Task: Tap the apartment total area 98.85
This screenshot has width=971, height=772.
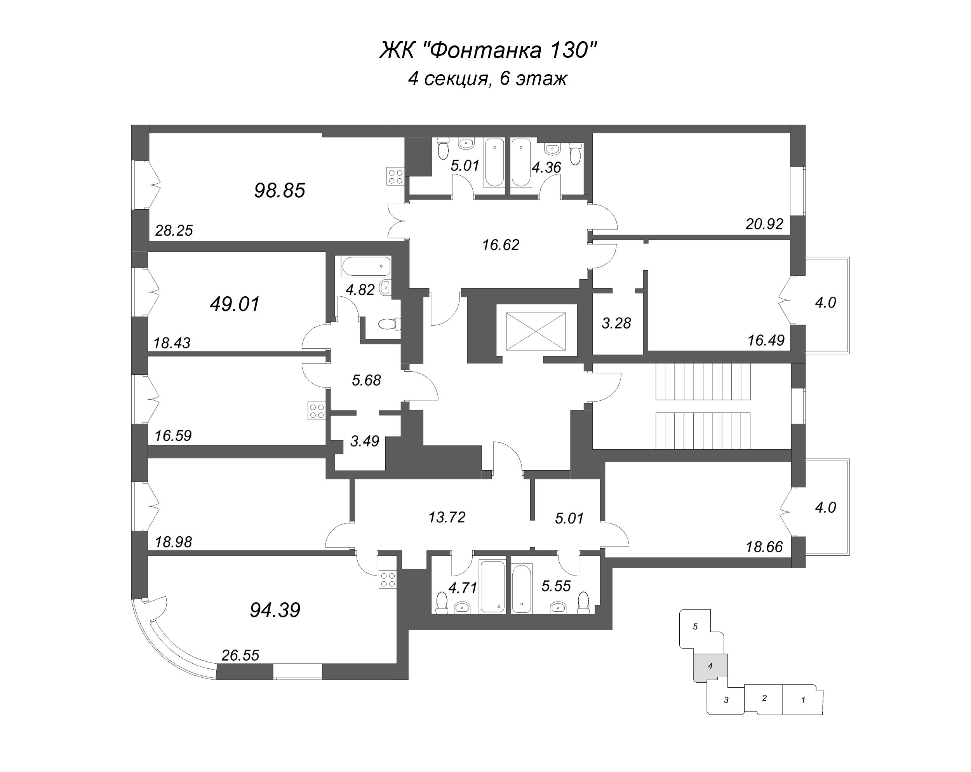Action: pyautogui.click(x=280, y=191)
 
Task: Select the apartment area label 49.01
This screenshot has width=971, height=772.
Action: pyautogui.click(x=235, y=304)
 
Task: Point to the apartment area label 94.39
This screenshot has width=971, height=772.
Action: pyautogui.click(x=275, y=610)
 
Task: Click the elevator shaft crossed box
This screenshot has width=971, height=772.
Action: pyautogui.click(x=536, y=332)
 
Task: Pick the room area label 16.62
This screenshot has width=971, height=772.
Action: pyautogui.click(x=500, y=245)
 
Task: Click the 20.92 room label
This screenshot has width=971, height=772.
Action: pyautogui.click(x=764, y=224)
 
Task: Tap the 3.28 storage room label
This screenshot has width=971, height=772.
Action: pyautogui.click(x=616, y=323)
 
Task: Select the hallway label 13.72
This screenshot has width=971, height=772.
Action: pyautogui.click(x=447, y=517)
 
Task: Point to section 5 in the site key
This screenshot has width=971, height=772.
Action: pyautogui.click(x=695, y=626)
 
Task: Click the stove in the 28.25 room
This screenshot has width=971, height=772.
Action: pyautogui.click(x=395, y=176)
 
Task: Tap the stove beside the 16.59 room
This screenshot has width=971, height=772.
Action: pyautogui.click(x=317, y=411)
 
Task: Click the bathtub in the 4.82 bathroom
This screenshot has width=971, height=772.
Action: pyautogui.click(x=366, y=266)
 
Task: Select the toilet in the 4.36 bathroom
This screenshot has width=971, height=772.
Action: pyautogui.click(x=575, y=154)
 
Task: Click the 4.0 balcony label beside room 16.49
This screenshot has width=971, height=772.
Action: pyautogui.click(x=825, y=303)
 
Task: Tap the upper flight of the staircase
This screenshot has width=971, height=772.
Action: pyautogui.click(x=703, y=382)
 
